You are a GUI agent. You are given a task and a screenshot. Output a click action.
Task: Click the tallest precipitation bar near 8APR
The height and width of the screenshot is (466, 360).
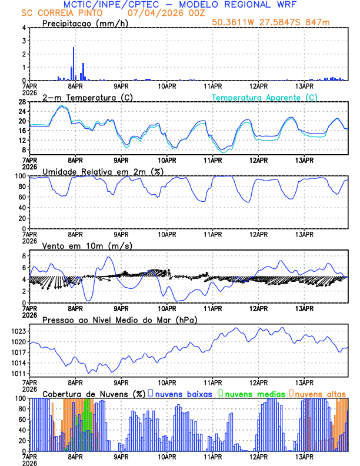point(74,64)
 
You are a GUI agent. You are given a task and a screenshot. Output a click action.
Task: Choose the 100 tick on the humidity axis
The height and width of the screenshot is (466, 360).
point(19,176)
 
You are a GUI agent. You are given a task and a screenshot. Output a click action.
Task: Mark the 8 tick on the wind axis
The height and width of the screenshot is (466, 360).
point(24,256)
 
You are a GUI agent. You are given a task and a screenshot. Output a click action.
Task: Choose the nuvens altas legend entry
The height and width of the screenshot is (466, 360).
point(320,393)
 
